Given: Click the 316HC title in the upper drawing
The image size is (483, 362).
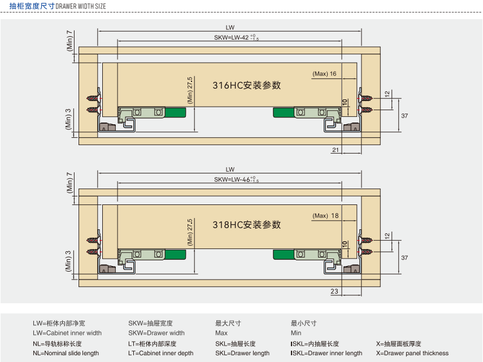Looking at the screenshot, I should [x=246, y=86].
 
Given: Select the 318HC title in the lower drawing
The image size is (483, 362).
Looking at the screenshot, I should [x=246, y=224].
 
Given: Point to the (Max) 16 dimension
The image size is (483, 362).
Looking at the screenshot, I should [x=325, y=74].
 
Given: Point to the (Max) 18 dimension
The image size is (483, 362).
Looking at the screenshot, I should [x=325, y=216].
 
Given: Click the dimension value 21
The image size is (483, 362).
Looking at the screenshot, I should [x=336, y=150].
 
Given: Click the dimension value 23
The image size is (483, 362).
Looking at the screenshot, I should [x=334, y=291].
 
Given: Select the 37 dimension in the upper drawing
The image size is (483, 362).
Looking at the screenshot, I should [x=404, y=116].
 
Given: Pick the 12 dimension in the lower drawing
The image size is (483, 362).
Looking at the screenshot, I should [x=387, y=235].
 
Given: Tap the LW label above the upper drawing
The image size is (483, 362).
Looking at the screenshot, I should [x=230, y=27].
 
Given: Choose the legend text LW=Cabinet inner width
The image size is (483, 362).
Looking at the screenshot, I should [x=67, y=333].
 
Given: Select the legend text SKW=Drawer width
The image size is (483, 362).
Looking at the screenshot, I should [x=156, y=333].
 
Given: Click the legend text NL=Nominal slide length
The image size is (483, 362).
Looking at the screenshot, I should [x=66, y=354].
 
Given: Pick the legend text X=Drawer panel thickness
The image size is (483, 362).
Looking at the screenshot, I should [x=412, y=354].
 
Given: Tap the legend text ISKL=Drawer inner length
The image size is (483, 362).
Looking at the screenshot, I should [x=327, y=354].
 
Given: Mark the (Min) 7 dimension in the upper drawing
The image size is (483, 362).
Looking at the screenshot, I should [x=69, y=41].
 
